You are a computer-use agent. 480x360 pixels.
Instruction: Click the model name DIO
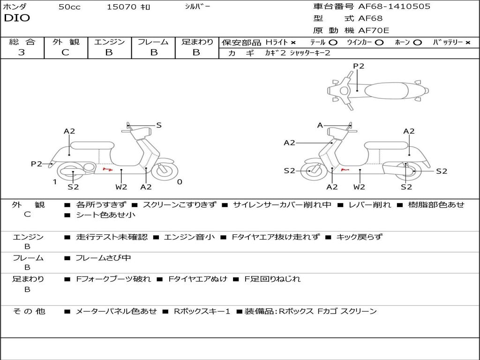point(17,18)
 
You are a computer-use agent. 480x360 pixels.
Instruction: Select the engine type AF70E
point(374,30)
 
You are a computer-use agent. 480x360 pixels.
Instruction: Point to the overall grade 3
point(22,52)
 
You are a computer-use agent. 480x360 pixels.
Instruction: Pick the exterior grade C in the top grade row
point(65,52)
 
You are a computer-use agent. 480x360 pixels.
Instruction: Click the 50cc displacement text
point(69,7)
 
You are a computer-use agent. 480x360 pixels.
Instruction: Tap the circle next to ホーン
point(417,43)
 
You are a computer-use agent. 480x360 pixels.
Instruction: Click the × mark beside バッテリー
point(468,43)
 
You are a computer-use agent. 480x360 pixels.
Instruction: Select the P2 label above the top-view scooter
point(359,66)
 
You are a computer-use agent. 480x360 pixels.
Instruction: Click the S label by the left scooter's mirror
point(158,125)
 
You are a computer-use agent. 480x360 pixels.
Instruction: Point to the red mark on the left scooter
point(107,169)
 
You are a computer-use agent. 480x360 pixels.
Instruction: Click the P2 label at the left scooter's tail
point(37,164)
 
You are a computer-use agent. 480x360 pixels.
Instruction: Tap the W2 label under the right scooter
point(359,187)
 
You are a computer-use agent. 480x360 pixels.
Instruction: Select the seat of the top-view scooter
point(386,90)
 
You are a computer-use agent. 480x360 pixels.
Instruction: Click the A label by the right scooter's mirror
point(320,125)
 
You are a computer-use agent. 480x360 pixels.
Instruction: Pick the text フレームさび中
point(103,258)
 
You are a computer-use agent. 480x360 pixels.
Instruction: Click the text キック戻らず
point(360,237)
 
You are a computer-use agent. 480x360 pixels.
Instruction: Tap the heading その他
point(29,311)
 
